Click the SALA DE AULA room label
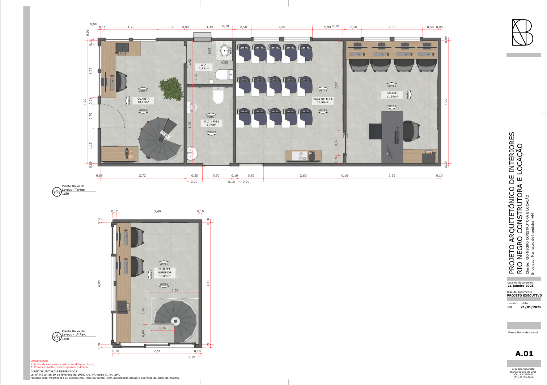tap(323, 100)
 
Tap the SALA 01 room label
tap(392, 95)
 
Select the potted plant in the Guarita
tap(170, 88)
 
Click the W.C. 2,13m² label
tap(204, 67)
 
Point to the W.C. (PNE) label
tap(211, 123)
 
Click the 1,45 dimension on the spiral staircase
tap(165, 135)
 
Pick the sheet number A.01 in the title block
tap(524, 354)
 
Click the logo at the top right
tap(522, 33)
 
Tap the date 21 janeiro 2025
tap(520, 286)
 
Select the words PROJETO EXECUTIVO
tap(524, 295)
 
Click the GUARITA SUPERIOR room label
tap(165, 272)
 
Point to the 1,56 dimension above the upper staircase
tap(175, 290)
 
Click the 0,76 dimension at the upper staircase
tap(163, 328)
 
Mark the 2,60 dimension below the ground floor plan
tap(303, 176)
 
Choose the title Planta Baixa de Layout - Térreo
tap(73, 188)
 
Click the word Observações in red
tap(39, 361)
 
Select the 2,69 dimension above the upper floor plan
tap(157, 211)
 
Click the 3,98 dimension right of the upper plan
tap(208, 284)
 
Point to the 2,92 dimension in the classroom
tap(336, 85)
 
